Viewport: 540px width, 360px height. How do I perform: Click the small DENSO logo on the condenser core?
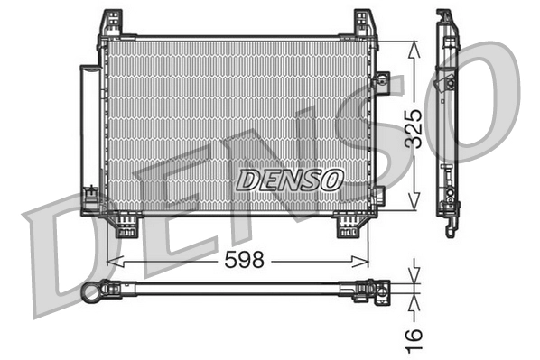pyautogui.click(x=289, y=180)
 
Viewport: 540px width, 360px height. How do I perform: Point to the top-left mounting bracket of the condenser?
pyautogui.click(x=111, y=23)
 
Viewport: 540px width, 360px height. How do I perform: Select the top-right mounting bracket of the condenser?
pyautogui.click(x=365, y=23)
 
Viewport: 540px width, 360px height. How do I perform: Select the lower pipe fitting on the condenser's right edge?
pyautogui.click(x=378, y=194)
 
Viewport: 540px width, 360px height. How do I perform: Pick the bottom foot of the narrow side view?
pyautogui.click(x=451, y=226)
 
